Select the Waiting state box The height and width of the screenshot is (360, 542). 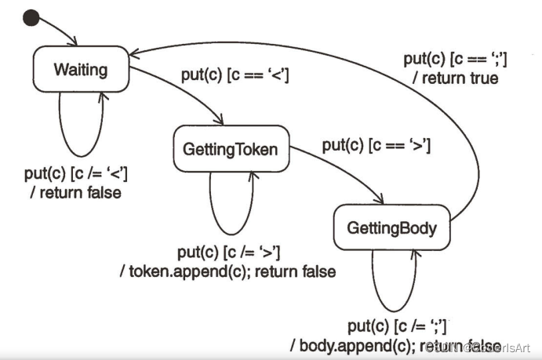[x=81, y=70]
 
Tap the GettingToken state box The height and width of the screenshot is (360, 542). [x=230, y=149]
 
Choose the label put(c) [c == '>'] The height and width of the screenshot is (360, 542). [x=376, y=145]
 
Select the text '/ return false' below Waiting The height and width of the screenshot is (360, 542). [x=75, y=191]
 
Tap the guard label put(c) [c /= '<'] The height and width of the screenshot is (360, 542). [x=77, y=173]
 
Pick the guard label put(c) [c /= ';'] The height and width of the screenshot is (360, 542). [x=397, y=327]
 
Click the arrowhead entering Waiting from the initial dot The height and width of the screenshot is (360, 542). [x=75, y=43]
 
